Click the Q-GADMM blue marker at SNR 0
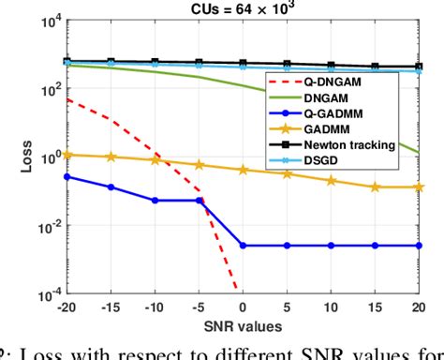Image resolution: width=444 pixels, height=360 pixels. click(x=243, y=246)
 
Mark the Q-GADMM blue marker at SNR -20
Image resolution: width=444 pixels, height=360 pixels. click(x=67, y=175)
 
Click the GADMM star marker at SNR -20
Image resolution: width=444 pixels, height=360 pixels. click(x=67, y=154)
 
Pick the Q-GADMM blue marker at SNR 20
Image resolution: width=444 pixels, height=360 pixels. click(x=418, y=246)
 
